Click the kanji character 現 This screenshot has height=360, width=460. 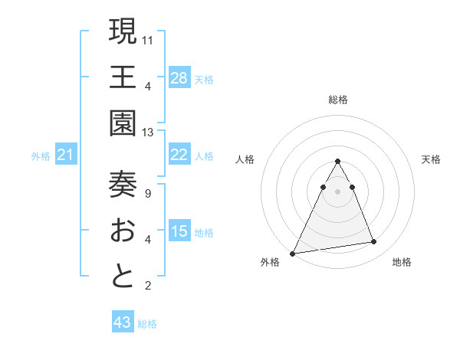[x=123, y=31]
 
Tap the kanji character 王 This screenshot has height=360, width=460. [x=123, y=77]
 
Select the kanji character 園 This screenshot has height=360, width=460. [x=123, y=123]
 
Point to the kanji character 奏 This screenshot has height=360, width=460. [x=123, y=184]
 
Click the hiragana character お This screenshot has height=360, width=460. [x=123, y=230]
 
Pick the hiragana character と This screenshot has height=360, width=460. [x=123, y=276]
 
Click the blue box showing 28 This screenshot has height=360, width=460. [x=179, y=77]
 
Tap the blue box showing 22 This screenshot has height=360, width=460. [x=179, y=155]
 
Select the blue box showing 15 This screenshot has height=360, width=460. [x=179, y=231]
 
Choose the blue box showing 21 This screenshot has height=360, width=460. [x=66, y=155]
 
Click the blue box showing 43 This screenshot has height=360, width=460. [x=122, y=322]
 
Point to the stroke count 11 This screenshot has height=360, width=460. [x=148, y=39]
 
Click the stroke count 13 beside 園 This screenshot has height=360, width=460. [x=148, y=133]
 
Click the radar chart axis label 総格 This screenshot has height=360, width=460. [x=337, y=100]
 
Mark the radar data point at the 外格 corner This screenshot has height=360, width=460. [x=293, y=253]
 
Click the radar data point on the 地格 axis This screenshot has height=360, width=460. [x=374, y=242]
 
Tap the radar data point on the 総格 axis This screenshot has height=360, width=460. [x=337, y=162]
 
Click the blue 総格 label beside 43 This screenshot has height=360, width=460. [x=147, y=323]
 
